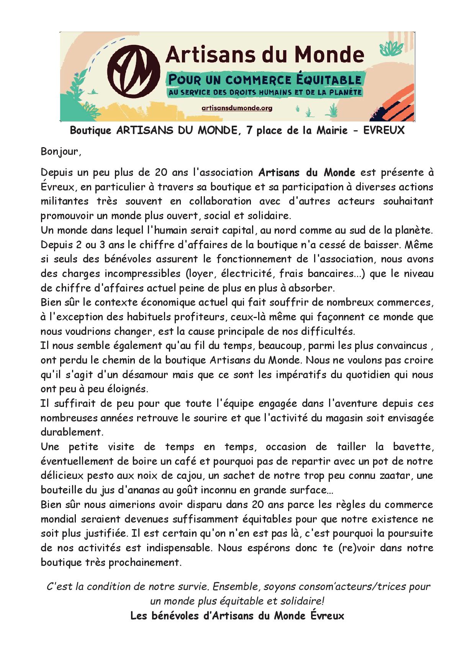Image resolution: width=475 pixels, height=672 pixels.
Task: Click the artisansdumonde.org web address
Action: (x=237, y=108)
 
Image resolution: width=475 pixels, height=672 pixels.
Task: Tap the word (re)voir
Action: (x=357, y=548)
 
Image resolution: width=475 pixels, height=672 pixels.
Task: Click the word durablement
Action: (x=72, y=432)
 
